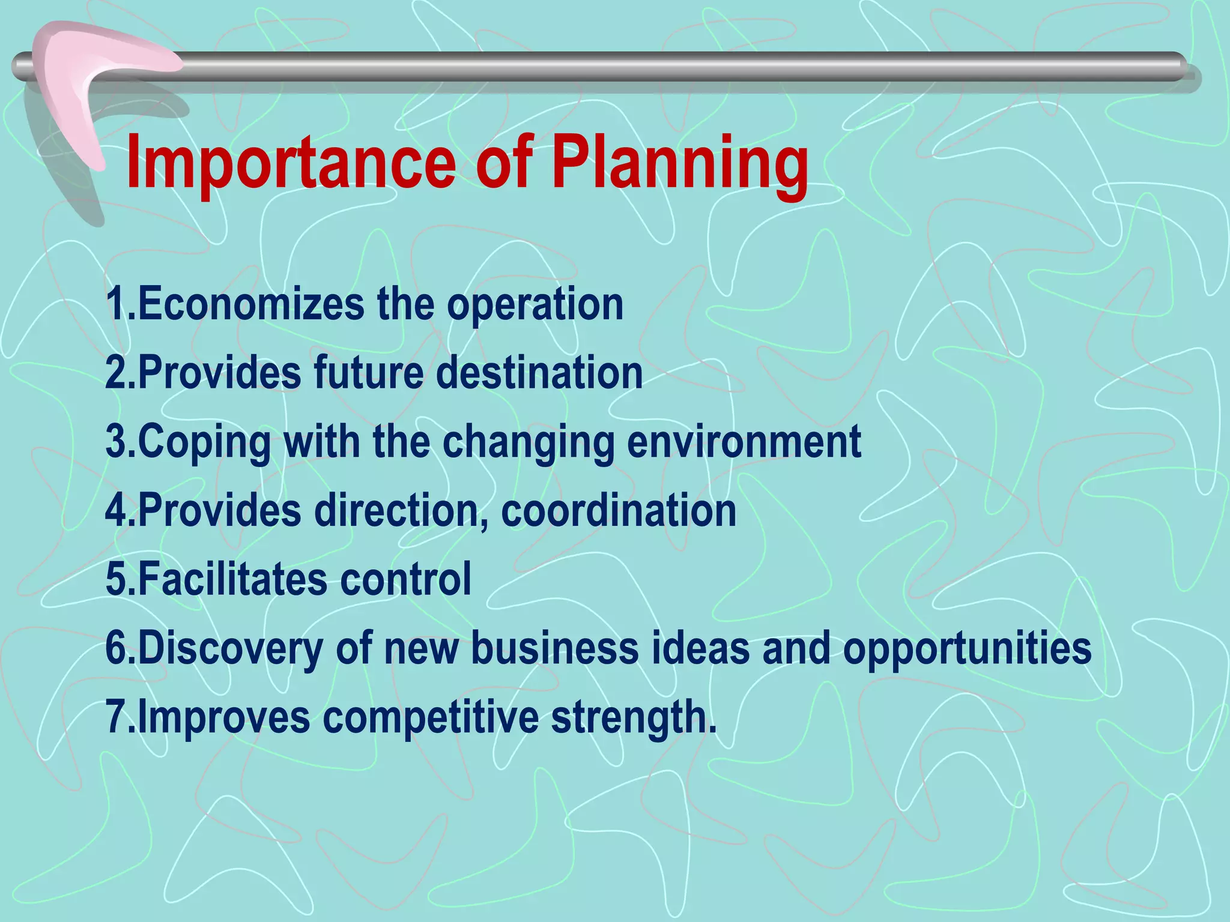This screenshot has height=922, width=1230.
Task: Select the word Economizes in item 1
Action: (250, 304)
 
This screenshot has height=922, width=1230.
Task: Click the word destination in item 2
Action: (539, 373)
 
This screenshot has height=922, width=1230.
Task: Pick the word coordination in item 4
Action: (618, 511)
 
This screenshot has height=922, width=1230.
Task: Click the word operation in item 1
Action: (535, 305)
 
